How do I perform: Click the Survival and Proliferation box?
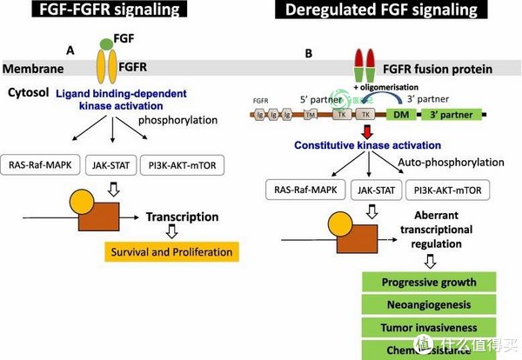pos(171,252)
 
